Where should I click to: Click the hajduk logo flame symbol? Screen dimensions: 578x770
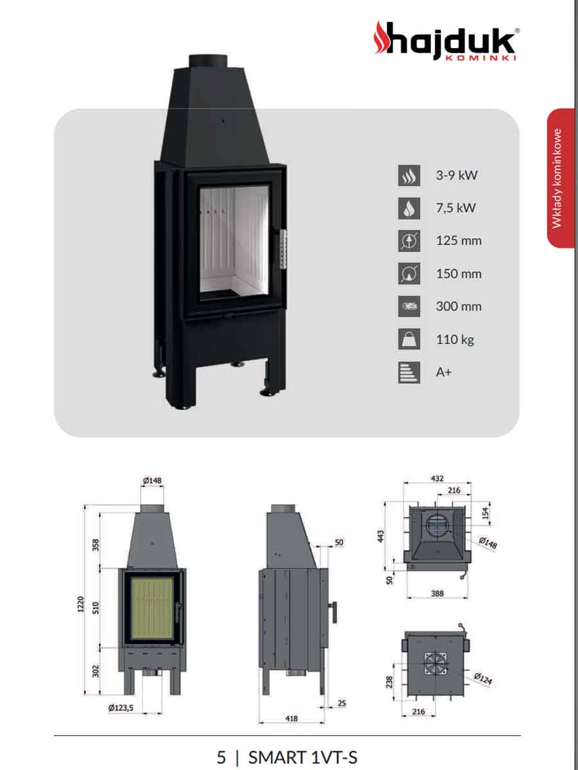[x=382, y=37]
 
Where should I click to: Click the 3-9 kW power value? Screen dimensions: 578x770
[x=457, y=175]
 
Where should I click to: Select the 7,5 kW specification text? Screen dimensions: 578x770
[x=456, y=208]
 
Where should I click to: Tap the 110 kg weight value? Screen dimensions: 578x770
[x=455, y=339]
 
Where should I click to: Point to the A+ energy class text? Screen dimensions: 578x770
[x=444, y=372]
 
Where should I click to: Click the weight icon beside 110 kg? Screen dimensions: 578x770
[x=409, y=339]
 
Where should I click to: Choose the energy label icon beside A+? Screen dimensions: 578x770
[x=409, y=372]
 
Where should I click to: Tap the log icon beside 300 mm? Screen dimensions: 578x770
[x=409, y=306]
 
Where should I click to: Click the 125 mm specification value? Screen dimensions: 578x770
[x=459, y=241]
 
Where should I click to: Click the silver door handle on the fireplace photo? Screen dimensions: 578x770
[x=283, y=249]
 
